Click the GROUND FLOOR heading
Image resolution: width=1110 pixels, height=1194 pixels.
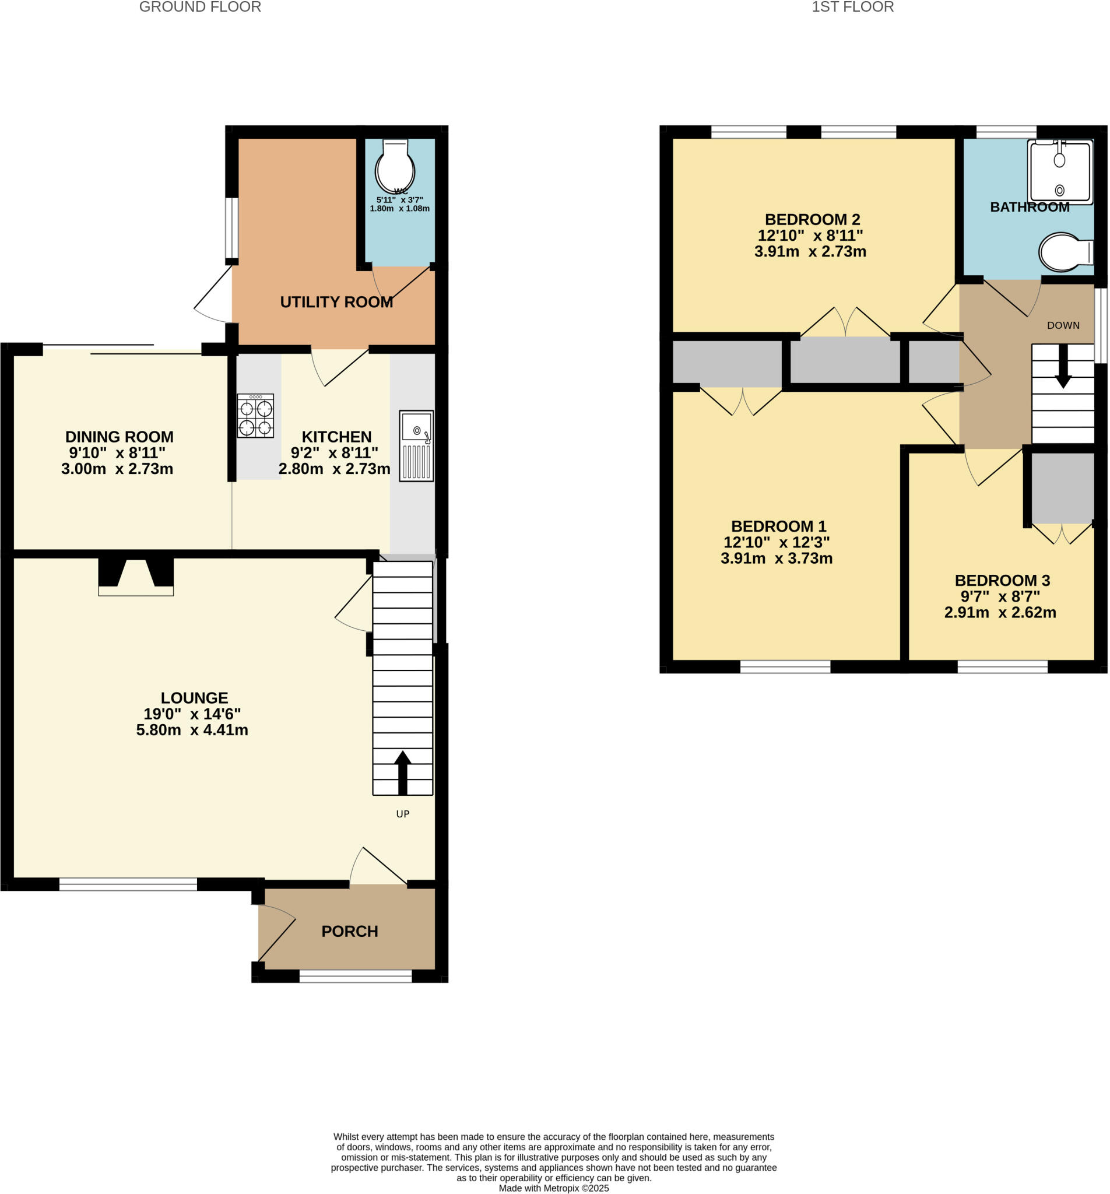(200, 7)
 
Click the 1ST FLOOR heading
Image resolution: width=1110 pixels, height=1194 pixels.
(852, 7)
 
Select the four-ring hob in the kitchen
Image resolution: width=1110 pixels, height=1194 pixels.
(255, 416)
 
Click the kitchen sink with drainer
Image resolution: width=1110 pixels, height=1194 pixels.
(416, 445)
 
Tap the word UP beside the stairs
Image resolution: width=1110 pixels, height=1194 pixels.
(402, 814)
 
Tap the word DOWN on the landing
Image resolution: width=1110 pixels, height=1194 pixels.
(1063, 325)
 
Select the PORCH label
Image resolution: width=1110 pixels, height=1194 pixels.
(350, 931)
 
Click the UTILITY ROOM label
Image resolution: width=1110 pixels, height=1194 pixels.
(336, 302)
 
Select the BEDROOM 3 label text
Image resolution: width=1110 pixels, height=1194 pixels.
(1002, 580)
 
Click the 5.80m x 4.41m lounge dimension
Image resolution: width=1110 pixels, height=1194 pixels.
(192, 730)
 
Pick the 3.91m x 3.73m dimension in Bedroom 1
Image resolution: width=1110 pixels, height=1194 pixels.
(776, 558)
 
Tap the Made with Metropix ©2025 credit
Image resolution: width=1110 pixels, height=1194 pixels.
(553, 1188)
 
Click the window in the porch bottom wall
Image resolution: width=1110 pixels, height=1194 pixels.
(356, 978)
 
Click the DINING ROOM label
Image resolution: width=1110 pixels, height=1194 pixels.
(119, 437)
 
